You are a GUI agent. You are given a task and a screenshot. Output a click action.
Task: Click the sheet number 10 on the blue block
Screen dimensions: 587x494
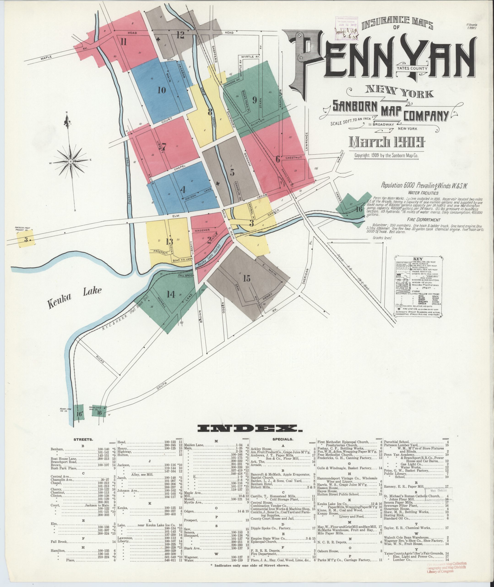point(162,90)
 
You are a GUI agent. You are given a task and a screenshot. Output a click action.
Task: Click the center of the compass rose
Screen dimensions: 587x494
point(71,162)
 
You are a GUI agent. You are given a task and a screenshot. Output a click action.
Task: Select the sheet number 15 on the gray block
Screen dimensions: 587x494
point(247,279)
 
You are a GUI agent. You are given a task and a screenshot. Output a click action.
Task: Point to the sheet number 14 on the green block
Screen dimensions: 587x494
point(171,294)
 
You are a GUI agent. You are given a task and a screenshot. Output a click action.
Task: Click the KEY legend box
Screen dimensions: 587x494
point(418,286)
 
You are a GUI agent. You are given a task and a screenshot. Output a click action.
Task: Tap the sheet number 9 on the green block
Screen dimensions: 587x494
point(255,100)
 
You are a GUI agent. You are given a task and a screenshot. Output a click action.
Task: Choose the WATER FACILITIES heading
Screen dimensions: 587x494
point(423,193)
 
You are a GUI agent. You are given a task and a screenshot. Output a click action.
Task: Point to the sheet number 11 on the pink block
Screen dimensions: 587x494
point(124,42)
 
